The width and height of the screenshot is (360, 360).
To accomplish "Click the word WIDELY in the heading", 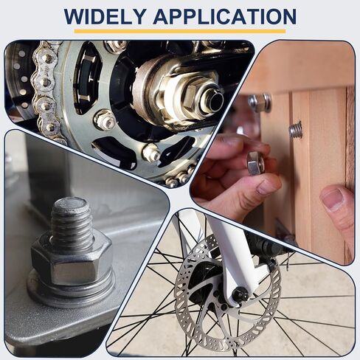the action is tap(105, 16).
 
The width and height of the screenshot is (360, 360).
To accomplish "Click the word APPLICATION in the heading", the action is tap(225, 16).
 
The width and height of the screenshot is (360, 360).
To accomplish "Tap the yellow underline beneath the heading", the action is tap(180, 31).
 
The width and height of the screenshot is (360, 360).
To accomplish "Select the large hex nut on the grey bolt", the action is tap(72, 261).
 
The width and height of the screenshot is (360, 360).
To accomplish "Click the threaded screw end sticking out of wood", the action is tap(295, 130).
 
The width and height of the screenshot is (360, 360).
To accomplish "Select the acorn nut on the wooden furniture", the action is tap(260, 103).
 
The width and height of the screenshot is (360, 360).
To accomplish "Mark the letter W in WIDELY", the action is tap(74, 16).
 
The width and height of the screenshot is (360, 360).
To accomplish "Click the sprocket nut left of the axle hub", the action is tap(104, 120).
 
